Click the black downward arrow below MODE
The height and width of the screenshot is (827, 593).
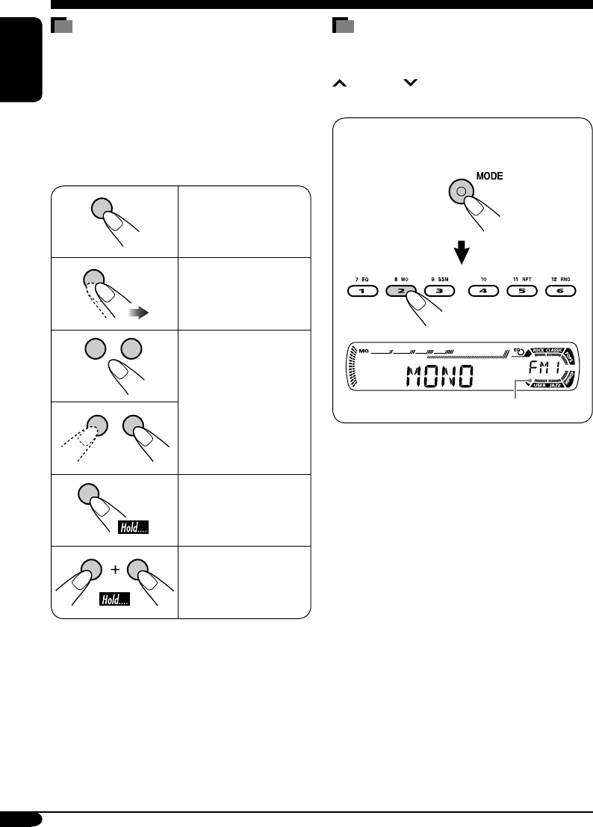pyautogui.click(x=464, y=253)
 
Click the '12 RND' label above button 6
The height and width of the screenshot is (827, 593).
pyautogui.click(x=561, y=278)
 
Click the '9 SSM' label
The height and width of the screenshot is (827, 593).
pyautogui.click(x=439, y=278)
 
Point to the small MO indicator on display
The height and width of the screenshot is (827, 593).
pyautogui.click(x=364, y=350)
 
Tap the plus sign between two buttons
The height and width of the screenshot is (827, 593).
pyautogui.click(x=116, y=570)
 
